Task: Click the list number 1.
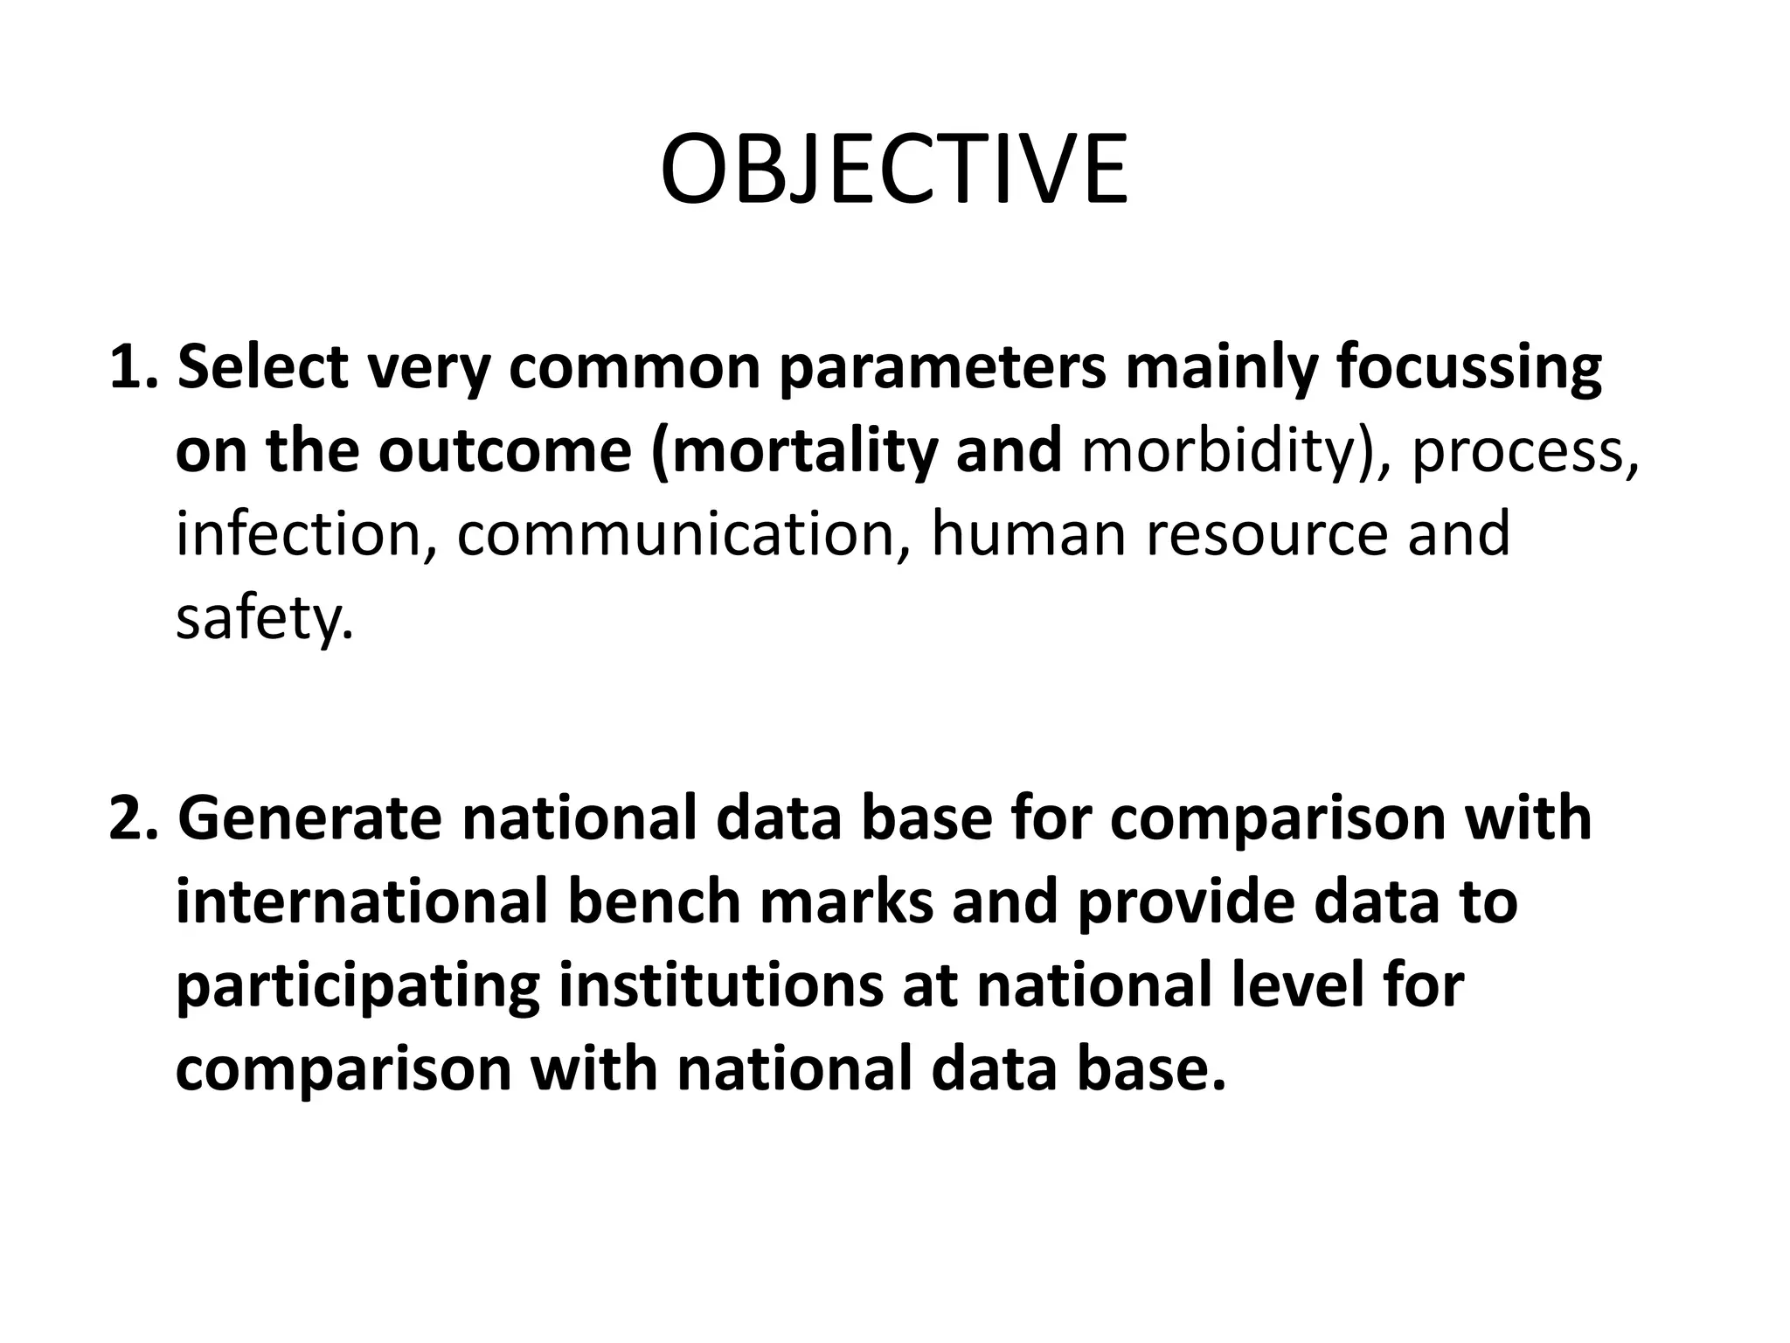(131, 369)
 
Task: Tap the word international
(361, 902)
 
